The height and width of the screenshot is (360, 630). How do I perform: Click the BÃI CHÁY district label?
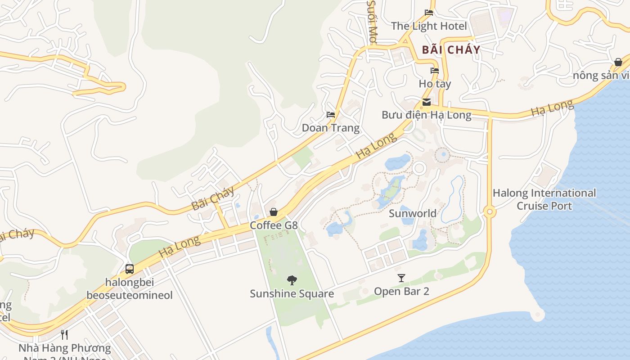pos(451,49)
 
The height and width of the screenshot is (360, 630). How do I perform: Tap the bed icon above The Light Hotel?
pos(429,13)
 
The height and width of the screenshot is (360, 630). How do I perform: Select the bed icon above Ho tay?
pos(434,70)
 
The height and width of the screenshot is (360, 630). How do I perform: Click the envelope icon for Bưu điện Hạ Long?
pos(426,102)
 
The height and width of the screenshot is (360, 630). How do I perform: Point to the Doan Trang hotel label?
pos(331,128)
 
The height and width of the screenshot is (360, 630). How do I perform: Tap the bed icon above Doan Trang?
pos(331,114)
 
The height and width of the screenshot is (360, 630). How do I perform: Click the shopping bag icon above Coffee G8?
pos(273,211)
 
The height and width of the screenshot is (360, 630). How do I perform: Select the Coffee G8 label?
pos(274,225)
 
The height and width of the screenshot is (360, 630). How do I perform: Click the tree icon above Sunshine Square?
pos(292,280)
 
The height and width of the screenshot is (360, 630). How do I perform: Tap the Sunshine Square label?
pos(292,294)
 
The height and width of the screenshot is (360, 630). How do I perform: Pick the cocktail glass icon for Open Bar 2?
pos(401,278)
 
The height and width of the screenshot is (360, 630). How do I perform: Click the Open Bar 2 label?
pos(401,291)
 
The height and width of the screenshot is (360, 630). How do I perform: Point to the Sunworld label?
pos(413,213)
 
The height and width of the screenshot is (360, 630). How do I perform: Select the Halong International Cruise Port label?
pos(544,199)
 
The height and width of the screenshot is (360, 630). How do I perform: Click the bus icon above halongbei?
pos(130,269)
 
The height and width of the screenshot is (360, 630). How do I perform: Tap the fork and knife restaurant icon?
pos(64,334)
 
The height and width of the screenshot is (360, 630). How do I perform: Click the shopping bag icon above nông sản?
pos(618,62)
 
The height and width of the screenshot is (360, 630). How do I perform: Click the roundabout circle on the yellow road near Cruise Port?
pos(490,211)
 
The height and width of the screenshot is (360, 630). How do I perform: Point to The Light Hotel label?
pos(429,26)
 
